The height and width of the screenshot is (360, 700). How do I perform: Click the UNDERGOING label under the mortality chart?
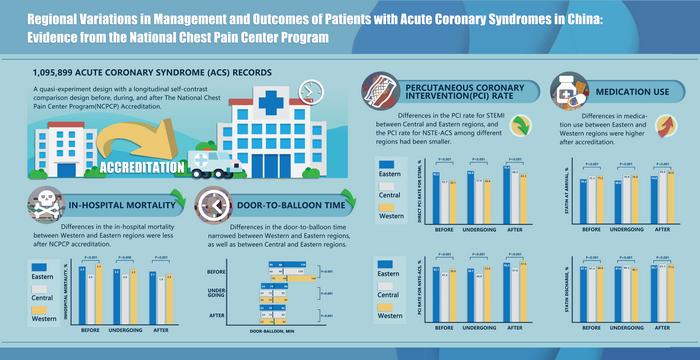tap(129, 329)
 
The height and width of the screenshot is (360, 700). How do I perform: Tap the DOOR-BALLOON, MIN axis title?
tap(292, 329)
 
